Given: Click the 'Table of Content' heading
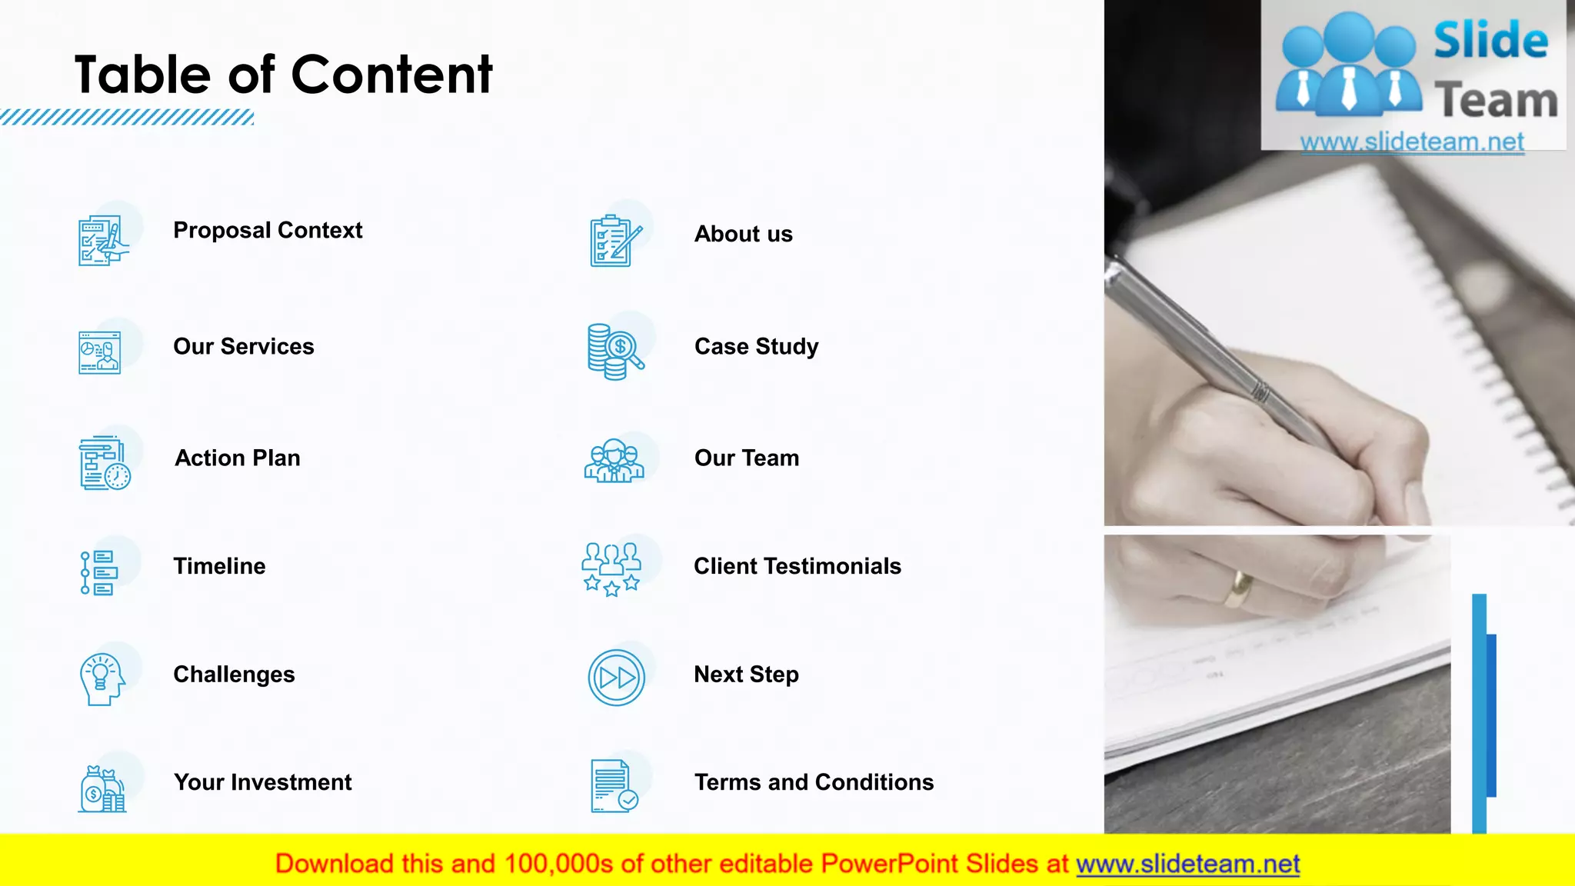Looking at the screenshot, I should [x=283, y=75].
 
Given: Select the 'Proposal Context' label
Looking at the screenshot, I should [x=268, y=230].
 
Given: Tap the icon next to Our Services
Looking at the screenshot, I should [x=100, y=352].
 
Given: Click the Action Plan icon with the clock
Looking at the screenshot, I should [x=105, y=463].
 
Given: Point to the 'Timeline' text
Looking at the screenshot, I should [x=219, y=566].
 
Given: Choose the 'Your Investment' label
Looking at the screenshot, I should [x=262, y=782].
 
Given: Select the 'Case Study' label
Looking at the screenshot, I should [x=756, y=346].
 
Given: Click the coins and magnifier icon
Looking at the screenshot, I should [x=614, y=352].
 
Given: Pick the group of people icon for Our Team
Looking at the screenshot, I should [x=614, y=461].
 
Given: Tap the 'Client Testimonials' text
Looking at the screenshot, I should [x=797, y=566].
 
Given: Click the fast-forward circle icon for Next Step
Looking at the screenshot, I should [x=616, y=678].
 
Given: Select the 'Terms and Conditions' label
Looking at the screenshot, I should [x=814, y=782].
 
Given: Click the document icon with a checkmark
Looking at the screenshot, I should [x=613, y=786].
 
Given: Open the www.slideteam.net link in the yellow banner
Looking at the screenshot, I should [x=1187, y=864].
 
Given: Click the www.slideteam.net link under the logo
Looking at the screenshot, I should [x=1412, y=142].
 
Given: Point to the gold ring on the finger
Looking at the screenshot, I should [x=1238, y=588].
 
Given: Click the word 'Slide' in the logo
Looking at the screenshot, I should [x=1490, y=40].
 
